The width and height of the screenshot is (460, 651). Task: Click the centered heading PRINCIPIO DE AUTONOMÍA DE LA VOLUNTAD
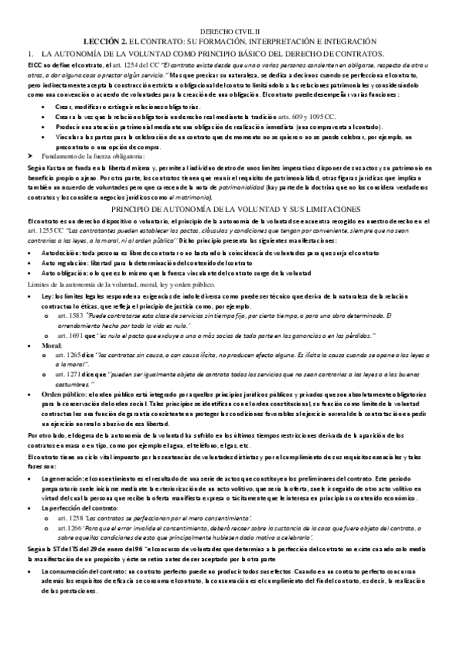(x=230, y=209)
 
